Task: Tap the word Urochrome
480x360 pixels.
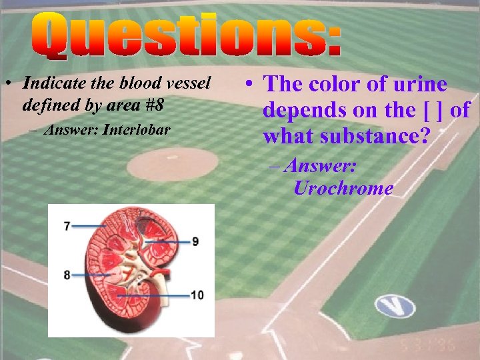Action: (x=343, y=189)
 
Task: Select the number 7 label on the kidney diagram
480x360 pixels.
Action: (x=67, y=227)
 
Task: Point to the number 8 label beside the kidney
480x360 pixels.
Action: (x=67, y=275)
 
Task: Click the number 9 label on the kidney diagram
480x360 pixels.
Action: (x=195, y=241)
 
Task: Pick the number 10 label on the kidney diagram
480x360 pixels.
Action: (x=197, y=295)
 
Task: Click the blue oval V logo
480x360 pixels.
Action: (x=395, y=306)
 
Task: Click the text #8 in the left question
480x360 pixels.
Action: (x=171, y=105)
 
